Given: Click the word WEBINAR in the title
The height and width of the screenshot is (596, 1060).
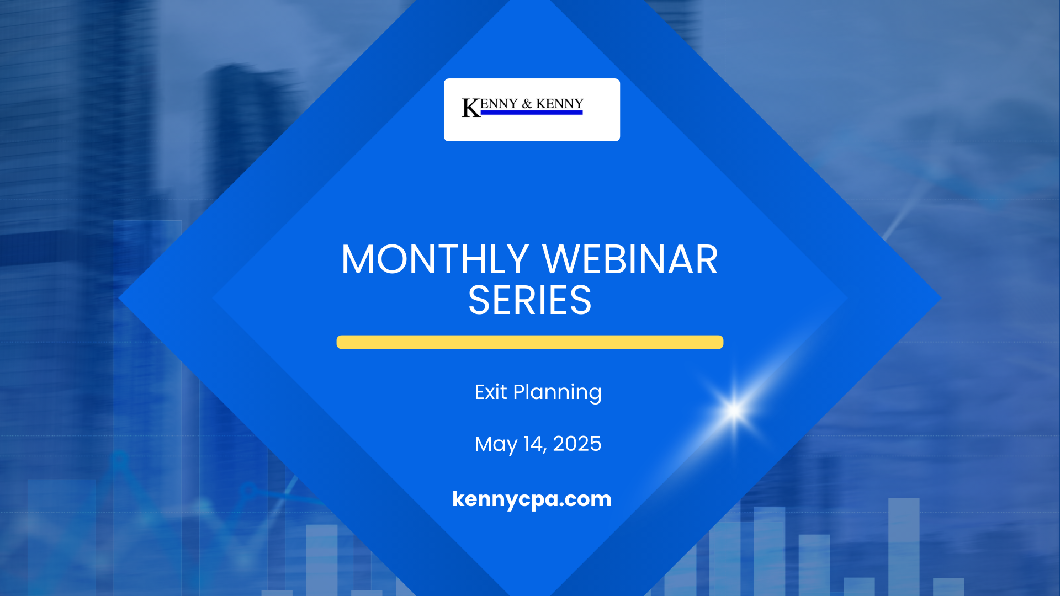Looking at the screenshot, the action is tap(630, 259).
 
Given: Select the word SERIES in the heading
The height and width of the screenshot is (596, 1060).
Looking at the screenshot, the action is tap(529, 301).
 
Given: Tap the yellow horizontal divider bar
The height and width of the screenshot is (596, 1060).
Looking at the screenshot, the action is tap(530, 342).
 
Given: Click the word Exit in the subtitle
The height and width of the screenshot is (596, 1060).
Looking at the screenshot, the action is tap(490, 392).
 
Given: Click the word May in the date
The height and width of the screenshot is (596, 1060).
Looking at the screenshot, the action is tap(496, 445).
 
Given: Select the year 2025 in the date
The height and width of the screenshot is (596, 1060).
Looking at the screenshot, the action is tap(577, 444).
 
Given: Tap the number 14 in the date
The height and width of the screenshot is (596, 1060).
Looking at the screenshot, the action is tap(533, 444).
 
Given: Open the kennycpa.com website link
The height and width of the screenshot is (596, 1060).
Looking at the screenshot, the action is tap(532, 499).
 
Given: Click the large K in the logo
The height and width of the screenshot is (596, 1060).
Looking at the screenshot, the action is tap(471, 108).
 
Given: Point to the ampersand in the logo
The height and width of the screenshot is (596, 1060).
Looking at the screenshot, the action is tap(527, 104).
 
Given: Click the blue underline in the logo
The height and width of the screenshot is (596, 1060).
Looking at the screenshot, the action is tap(532, 113).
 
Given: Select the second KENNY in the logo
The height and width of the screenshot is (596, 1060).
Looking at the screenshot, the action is tap(560, 104).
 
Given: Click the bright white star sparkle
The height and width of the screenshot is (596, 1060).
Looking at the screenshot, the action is tap(734, 411).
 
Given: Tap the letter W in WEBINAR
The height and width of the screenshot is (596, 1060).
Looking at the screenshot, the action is tap(560, 259).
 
